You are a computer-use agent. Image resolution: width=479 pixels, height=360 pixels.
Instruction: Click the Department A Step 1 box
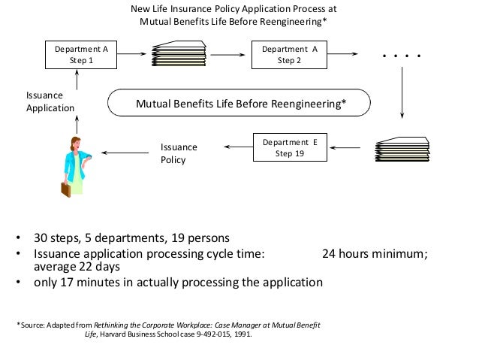pyautogui.click(x=81, y=55)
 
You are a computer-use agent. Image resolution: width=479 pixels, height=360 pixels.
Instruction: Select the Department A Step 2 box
pyautogui.click(x=289, y=55)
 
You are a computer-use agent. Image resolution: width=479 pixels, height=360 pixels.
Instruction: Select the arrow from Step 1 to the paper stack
pyautogui.click(x=133, y=54)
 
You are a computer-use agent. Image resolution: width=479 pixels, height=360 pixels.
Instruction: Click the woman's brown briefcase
pyautogui.click(x=65, y=188)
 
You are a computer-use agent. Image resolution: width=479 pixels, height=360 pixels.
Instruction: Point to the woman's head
pyautogui.click(x=77, y=142)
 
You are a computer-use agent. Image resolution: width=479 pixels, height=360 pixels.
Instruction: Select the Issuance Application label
pyautogui.click(x=50, y=102)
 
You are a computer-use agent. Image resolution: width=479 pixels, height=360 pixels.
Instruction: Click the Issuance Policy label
pyautogui.click(x=179, y=154)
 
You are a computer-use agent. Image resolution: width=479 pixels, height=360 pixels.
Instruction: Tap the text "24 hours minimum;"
pyautogui.click(x=375, y=254)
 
